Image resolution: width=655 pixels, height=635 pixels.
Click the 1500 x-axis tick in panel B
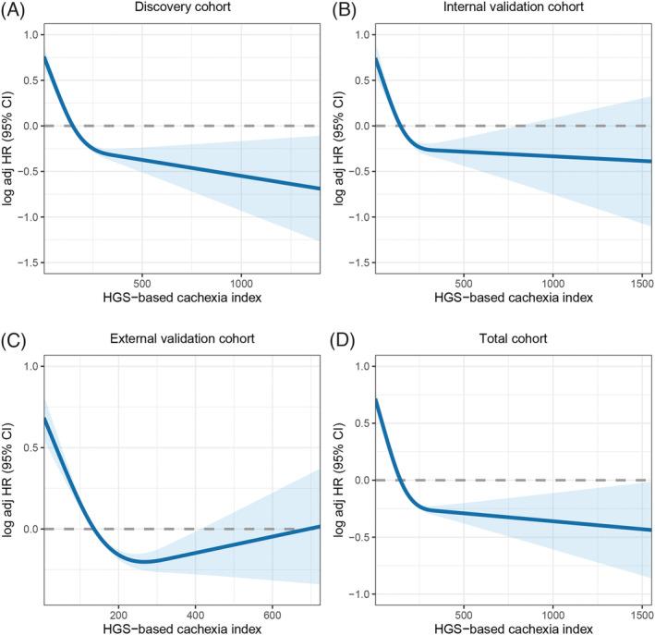(641, 283)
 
